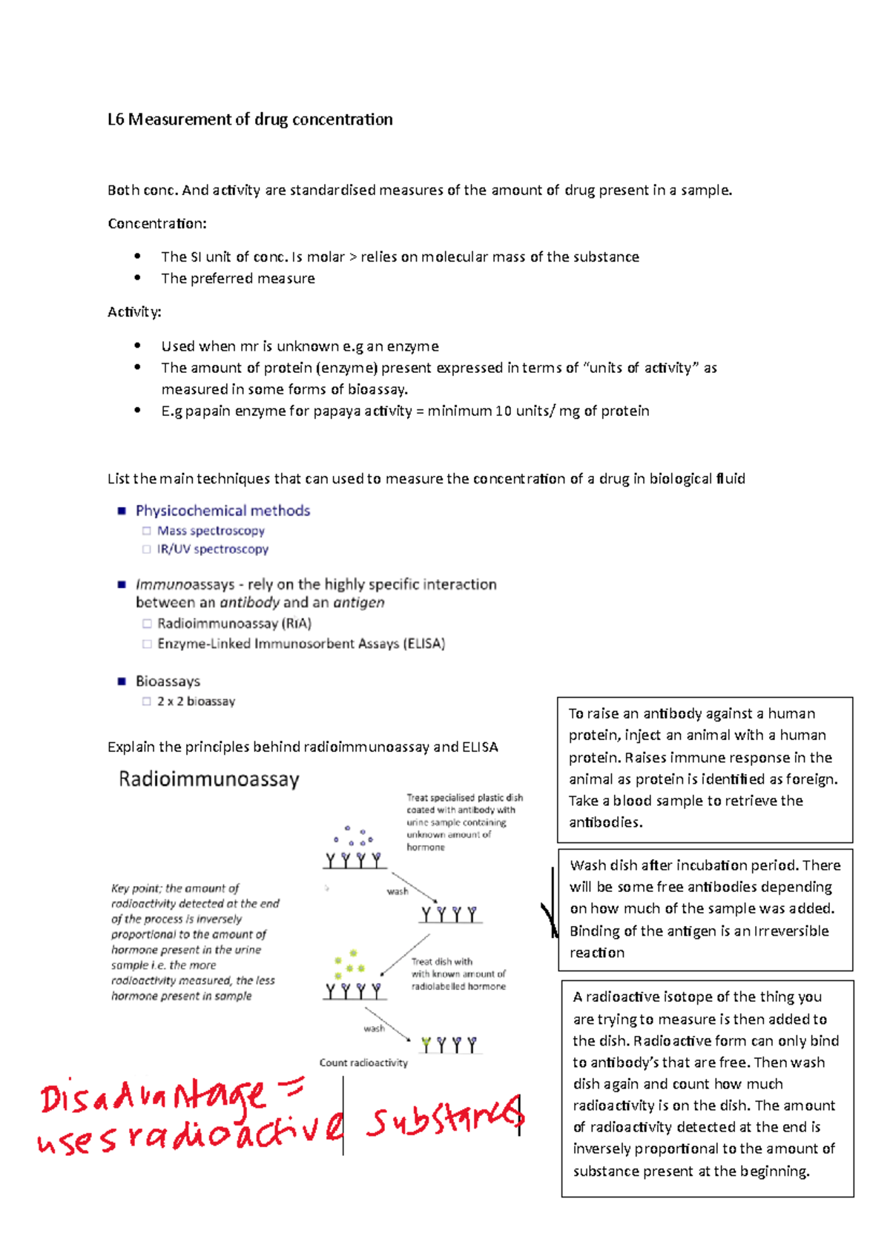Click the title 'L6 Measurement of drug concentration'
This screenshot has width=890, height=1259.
[250, 119]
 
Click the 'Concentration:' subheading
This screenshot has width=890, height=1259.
[156, 223]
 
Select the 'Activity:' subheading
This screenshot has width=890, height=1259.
[134, 312]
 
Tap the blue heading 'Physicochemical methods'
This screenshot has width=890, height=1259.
[222, 511]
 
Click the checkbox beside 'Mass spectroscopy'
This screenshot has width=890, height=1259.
[147, 531]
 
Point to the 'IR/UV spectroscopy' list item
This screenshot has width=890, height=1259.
[212, 549]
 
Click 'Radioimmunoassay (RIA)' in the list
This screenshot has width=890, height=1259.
[234, 624]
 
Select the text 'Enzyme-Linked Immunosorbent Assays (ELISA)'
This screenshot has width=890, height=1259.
[300, 644]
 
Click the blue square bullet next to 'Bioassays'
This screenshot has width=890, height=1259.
[122, 681]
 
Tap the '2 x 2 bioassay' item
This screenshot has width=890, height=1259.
[196, 701]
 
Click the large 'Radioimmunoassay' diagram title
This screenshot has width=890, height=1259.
[209, 779]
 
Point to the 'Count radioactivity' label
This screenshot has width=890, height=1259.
[363, 1063]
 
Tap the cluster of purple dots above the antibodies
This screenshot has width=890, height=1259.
[354, 837]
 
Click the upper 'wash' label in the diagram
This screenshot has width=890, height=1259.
[398, 891]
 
